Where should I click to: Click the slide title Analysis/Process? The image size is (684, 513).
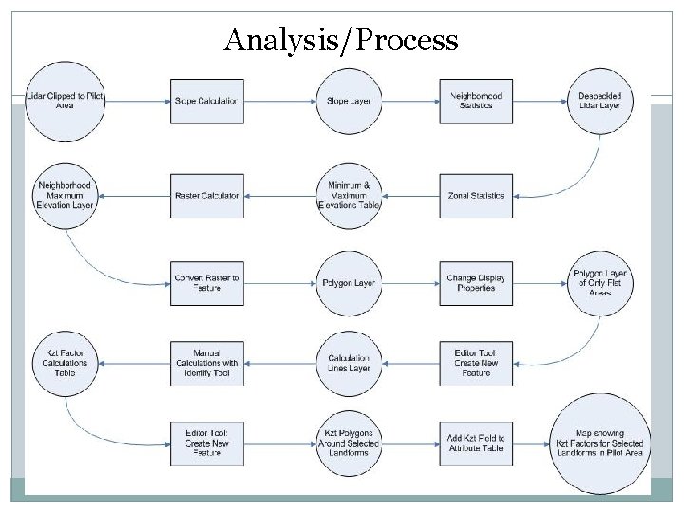[x=341, y=41]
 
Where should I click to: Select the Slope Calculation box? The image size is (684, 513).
[x=206, y=101]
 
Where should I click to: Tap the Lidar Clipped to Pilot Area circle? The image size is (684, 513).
[x=65, y=101]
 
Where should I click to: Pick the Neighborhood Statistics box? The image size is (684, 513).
[x=476, y=101]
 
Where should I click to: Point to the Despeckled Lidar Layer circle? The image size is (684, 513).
[x=599, y=101]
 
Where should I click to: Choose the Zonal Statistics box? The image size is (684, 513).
[x=476, y=196]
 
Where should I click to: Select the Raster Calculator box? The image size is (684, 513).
[x=206, y=196]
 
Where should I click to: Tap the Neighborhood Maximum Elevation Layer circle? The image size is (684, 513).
[x=65, y=196]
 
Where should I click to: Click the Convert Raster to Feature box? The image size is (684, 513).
[x=206, y=283]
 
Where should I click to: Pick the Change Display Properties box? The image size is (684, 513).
[x=476, y=283]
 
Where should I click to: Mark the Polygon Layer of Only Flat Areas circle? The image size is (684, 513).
[x=599, y=283]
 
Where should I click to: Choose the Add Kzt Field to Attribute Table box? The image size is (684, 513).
[x=476, y=444]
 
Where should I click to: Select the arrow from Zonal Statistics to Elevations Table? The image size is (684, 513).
[x=410, y=196]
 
